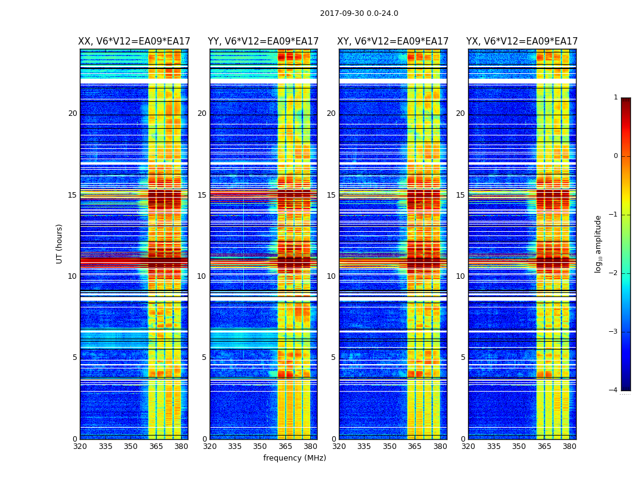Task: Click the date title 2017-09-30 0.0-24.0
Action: [359, 13]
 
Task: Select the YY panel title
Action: [263, 41]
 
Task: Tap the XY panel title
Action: [393, 41]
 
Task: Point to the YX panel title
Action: [522, 41]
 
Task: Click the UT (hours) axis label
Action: [60, 243]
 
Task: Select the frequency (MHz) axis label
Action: [294, 458]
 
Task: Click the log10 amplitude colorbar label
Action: [599, 243]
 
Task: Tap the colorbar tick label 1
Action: [616, 98]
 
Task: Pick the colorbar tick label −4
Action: [614, 390]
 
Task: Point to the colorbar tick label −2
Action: [614, 273]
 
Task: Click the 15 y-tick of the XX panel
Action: [73, 195]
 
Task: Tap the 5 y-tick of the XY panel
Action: [333, 357]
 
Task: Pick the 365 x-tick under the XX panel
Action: [156, 447]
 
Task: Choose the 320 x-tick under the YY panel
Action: [210, 447]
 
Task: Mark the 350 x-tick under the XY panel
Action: [389, 447]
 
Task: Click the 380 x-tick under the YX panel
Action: [569, 447]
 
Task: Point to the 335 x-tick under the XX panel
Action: [105, 447]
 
